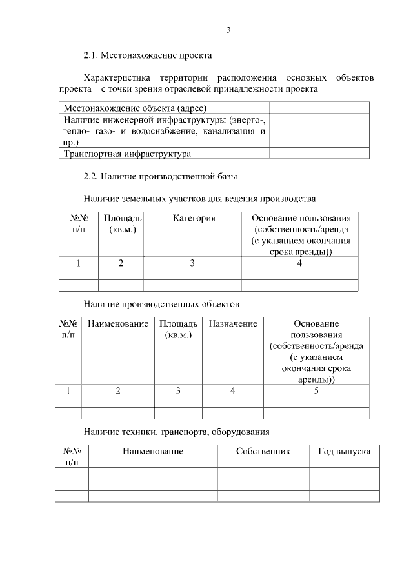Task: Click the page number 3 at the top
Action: (x=228, y=30)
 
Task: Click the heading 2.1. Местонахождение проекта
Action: (x=148, y=56)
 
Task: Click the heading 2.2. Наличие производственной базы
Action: (x=164, y=176)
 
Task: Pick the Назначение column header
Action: (x=232, y=323)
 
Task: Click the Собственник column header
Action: (x=263, y=451)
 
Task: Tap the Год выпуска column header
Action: (x=344, y=451)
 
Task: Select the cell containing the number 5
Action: (x=316, y=390)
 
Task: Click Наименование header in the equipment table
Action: (x=152, y=451)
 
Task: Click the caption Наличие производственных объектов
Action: (x=161, y=302)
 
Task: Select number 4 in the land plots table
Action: (x=299, y=263)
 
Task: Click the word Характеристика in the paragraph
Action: (x=116, y=77)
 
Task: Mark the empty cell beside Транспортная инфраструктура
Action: (x=319, y=154)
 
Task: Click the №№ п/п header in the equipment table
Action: (x=72, y=456)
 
